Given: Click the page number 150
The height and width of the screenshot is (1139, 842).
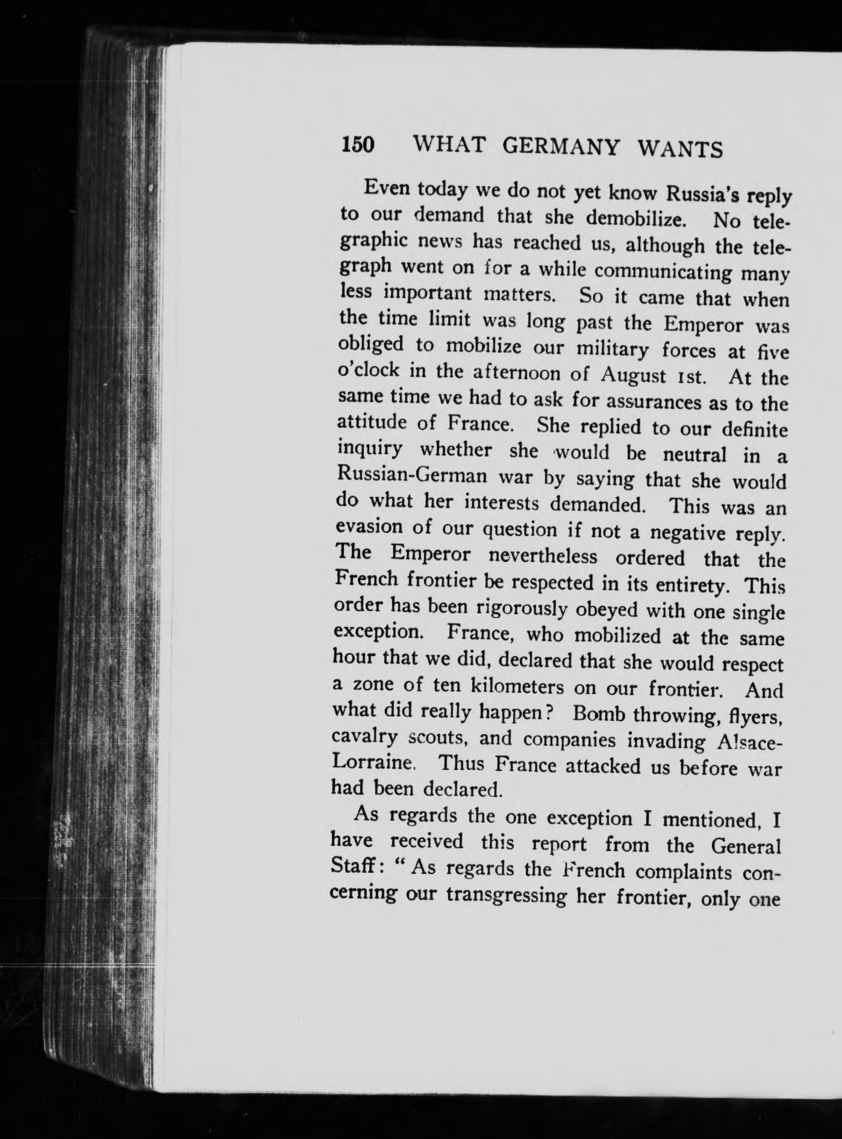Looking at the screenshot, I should pos(358,145).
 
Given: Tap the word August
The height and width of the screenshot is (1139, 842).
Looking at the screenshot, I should pos(634,375).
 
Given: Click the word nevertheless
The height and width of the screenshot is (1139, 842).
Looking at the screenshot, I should pos(542,555).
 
